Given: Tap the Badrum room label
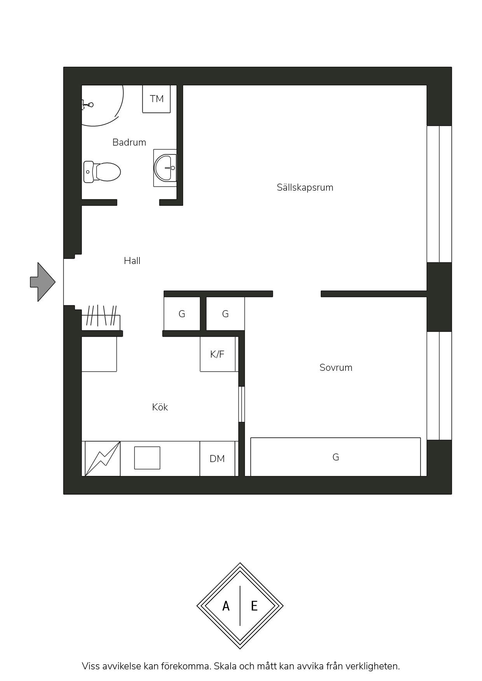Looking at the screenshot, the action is point(129,142).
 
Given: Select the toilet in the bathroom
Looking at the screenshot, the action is point(102,172).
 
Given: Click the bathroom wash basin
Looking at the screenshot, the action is point(165,168).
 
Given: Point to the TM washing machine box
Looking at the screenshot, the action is point(156,99).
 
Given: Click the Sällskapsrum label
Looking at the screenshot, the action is point(305,188).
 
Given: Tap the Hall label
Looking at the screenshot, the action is point(132,261).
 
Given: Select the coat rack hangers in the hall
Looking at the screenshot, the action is point(101,316).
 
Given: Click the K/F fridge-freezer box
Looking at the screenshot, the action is point(218,354).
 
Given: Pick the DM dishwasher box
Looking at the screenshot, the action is point(218,459).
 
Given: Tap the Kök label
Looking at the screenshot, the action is point(160,407).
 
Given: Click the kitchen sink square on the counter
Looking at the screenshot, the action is point(147,458).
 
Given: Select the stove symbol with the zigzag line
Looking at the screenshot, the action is point(103,459).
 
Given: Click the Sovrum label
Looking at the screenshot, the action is point(336,368).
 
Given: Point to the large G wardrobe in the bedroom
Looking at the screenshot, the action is point(335,457).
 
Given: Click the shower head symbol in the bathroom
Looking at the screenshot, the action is point(87,104).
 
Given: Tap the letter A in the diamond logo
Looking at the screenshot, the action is point(226,606).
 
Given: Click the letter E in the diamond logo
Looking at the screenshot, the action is point(254,606).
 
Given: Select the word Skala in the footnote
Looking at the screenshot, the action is point(225,666).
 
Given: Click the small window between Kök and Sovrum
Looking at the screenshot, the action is point(241,404).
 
